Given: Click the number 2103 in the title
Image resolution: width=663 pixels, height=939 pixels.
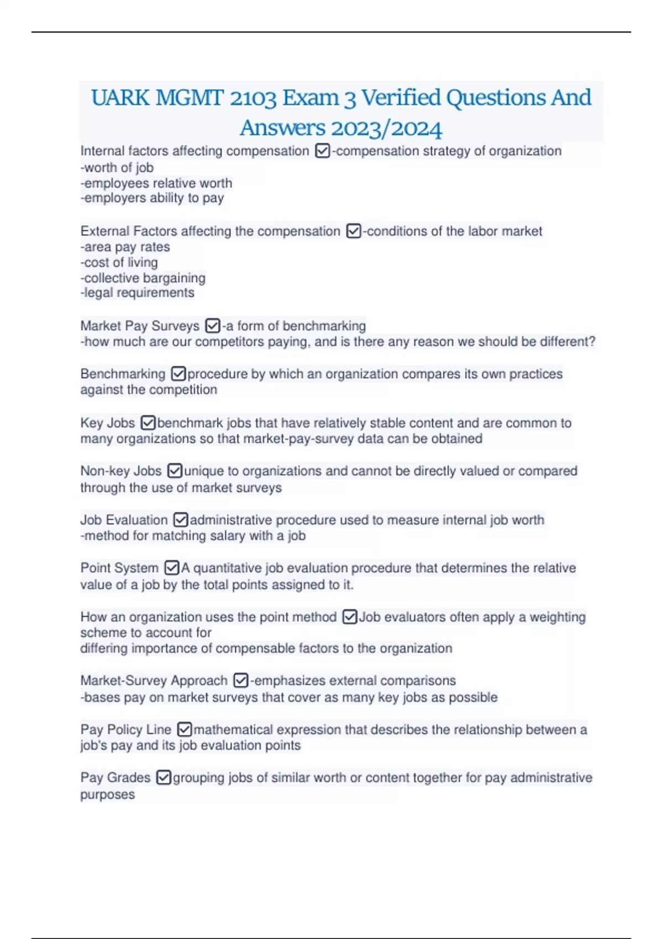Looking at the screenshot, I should [253, 98].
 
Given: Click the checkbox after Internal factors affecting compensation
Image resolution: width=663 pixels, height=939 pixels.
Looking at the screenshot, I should [322, 151].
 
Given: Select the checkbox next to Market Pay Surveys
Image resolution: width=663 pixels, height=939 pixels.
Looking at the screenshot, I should [212, 326].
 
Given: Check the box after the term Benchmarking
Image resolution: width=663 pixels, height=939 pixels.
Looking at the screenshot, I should [178, 374].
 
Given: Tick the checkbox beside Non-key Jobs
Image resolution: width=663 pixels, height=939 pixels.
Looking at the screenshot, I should [175, 471].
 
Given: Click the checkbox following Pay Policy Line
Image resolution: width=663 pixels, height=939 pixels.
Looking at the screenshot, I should [185, 730].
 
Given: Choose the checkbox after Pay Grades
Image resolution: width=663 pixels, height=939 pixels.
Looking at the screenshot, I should [164, 778].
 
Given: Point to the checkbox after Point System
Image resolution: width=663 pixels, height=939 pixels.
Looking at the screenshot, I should [172, 568].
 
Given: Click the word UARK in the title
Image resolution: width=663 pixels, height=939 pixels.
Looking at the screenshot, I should [120, 98].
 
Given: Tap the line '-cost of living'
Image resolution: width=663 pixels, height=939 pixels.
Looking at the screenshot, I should [119, 262].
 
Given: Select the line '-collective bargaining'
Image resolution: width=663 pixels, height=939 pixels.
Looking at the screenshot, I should [143, 278].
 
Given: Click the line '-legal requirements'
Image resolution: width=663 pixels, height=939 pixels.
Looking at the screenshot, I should [138, 293].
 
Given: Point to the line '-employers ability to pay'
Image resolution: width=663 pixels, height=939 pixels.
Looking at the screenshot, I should [152, 198].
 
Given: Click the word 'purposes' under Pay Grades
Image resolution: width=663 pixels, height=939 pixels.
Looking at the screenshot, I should [107, 794].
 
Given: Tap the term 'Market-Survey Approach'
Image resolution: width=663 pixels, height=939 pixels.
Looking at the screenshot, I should [154, 680].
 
